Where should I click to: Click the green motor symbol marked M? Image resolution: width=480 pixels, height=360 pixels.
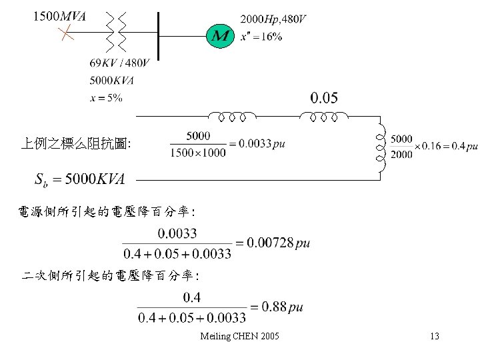pyautogui.click(x=219, y=35)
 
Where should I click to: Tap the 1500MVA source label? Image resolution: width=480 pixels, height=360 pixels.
pyautogui.click(x=59, y=17)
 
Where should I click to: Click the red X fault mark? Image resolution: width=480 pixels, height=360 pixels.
pyautogui.click(x=64, y=33)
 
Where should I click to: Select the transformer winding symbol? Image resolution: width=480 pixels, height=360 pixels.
pyautogui.click(x=115, y=32)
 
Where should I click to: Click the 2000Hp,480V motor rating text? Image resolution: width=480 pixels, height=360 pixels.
pyautogui.click(x=273, y=19)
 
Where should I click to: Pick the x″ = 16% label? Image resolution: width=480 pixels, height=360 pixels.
pyautogui.click(x=261, y=37)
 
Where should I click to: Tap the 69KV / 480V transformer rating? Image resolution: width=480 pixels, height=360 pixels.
pyautogui.click(x=119, y=63)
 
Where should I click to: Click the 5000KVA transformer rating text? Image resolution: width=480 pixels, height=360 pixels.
pyautogui.click(x=111, y=81)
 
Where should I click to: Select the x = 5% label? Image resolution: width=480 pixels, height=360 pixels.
pyautogui.click(x=105, y=98)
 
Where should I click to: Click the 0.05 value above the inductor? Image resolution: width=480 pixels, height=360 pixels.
pyautogui.click(x=324, y=98)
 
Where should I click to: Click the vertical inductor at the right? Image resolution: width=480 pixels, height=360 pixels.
pyautogui.click(x=380, y=148)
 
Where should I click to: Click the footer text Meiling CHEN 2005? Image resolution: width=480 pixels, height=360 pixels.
pyautogui.click(x=239, y=336)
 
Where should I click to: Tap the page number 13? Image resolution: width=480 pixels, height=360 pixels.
pyautogui.click(x=434, y=336)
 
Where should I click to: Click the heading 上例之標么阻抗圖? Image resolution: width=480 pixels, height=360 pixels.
pyautogui.click(x=76, y=143)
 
